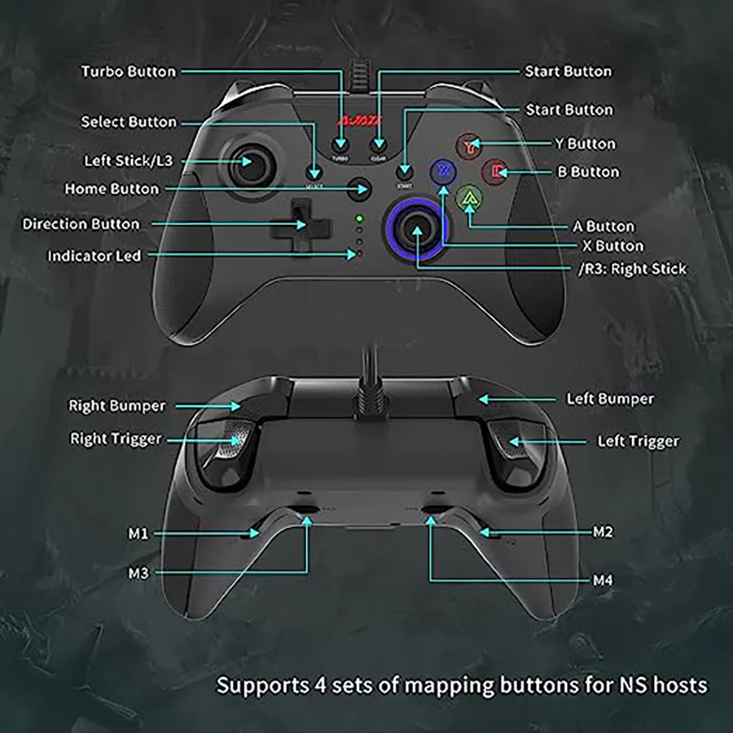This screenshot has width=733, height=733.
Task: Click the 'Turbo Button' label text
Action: click(x=128, y=72)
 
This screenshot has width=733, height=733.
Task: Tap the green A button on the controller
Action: click(x=467, y=198)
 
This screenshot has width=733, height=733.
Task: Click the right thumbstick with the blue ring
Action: click(x=417, y=230)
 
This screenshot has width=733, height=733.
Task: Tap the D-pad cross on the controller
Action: click(x=297, y=224)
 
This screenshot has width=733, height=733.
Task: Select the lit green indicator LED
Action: click(x=358, y=218)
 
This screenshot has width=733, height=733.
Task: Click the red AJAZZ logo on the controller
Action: click(x=355, y=121)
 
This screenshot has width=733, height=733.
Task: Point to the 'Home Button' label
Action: click(x=112, y=189)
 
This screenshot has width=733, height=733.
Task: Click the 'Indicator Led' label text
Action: click(x=94, y=256)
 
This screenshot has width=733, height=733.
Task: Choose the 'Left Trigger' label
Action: click(x=638, y=441)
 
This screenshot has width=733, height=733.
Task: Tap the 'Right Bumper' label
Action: click(x=116, y=406)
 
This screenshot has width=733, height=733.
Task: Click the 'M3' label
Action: click(x=138, y=573)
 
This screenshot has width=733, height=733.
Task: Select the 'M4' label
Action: click(x=603, y=581)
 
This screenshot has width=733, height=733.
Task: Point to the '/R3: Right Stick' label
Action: click(x=632, y=268)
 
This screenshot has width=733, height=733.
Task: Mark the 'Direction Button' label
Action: click(x=81, y=224)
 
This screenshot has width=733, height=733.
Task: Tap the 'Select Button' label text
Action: click(x=128, y=122)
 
